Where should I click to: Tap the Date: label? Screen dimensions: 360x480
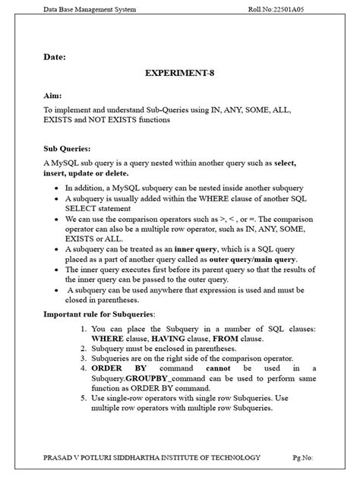55,55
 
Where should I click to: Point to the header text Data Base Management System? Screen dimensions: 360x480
89,9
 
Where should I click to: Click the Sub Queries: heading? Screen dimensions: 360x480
68,150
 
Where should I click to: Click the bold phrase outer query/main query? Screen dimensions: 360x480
248,259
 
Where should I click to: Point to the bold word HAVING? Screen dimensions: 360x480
172,338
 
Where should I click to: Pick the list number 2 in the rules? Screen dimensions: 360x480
83,348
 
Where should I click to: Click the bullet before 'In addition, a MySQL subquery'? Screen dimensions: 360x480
59,188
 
